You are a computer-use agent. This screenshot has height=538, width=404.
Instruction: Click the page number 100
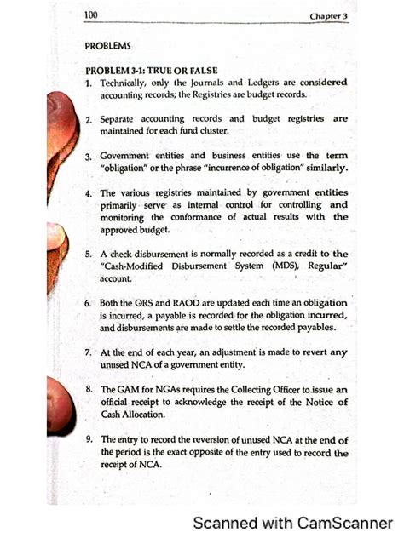91,15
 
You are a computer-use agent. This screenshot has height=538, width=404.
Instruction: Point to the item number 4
89,193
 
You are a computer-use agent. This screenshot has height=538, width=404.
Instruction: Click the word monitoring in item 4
126,217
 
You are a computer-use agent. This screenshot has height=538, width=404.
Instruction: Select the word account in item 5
118,278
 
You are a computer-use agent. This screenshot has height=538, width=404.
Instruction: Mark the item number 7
89,352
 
